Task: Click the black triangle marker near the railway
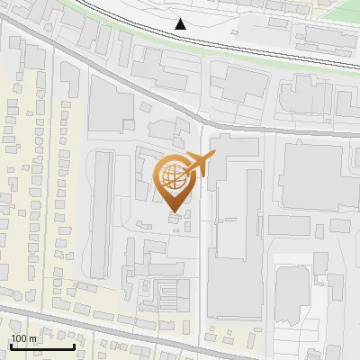(x=182, y=24)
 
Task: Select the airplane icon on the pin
(x=199, y=165)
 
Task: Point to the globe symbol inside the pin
(x=174, y=176)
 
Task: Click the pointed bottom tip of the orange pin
(x=175, y=212)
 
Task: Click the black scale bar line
(x=41, y=346)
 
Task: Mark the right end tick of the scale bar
(x=73, y=345)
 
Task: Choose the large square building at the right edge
(x=310, y=176)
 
